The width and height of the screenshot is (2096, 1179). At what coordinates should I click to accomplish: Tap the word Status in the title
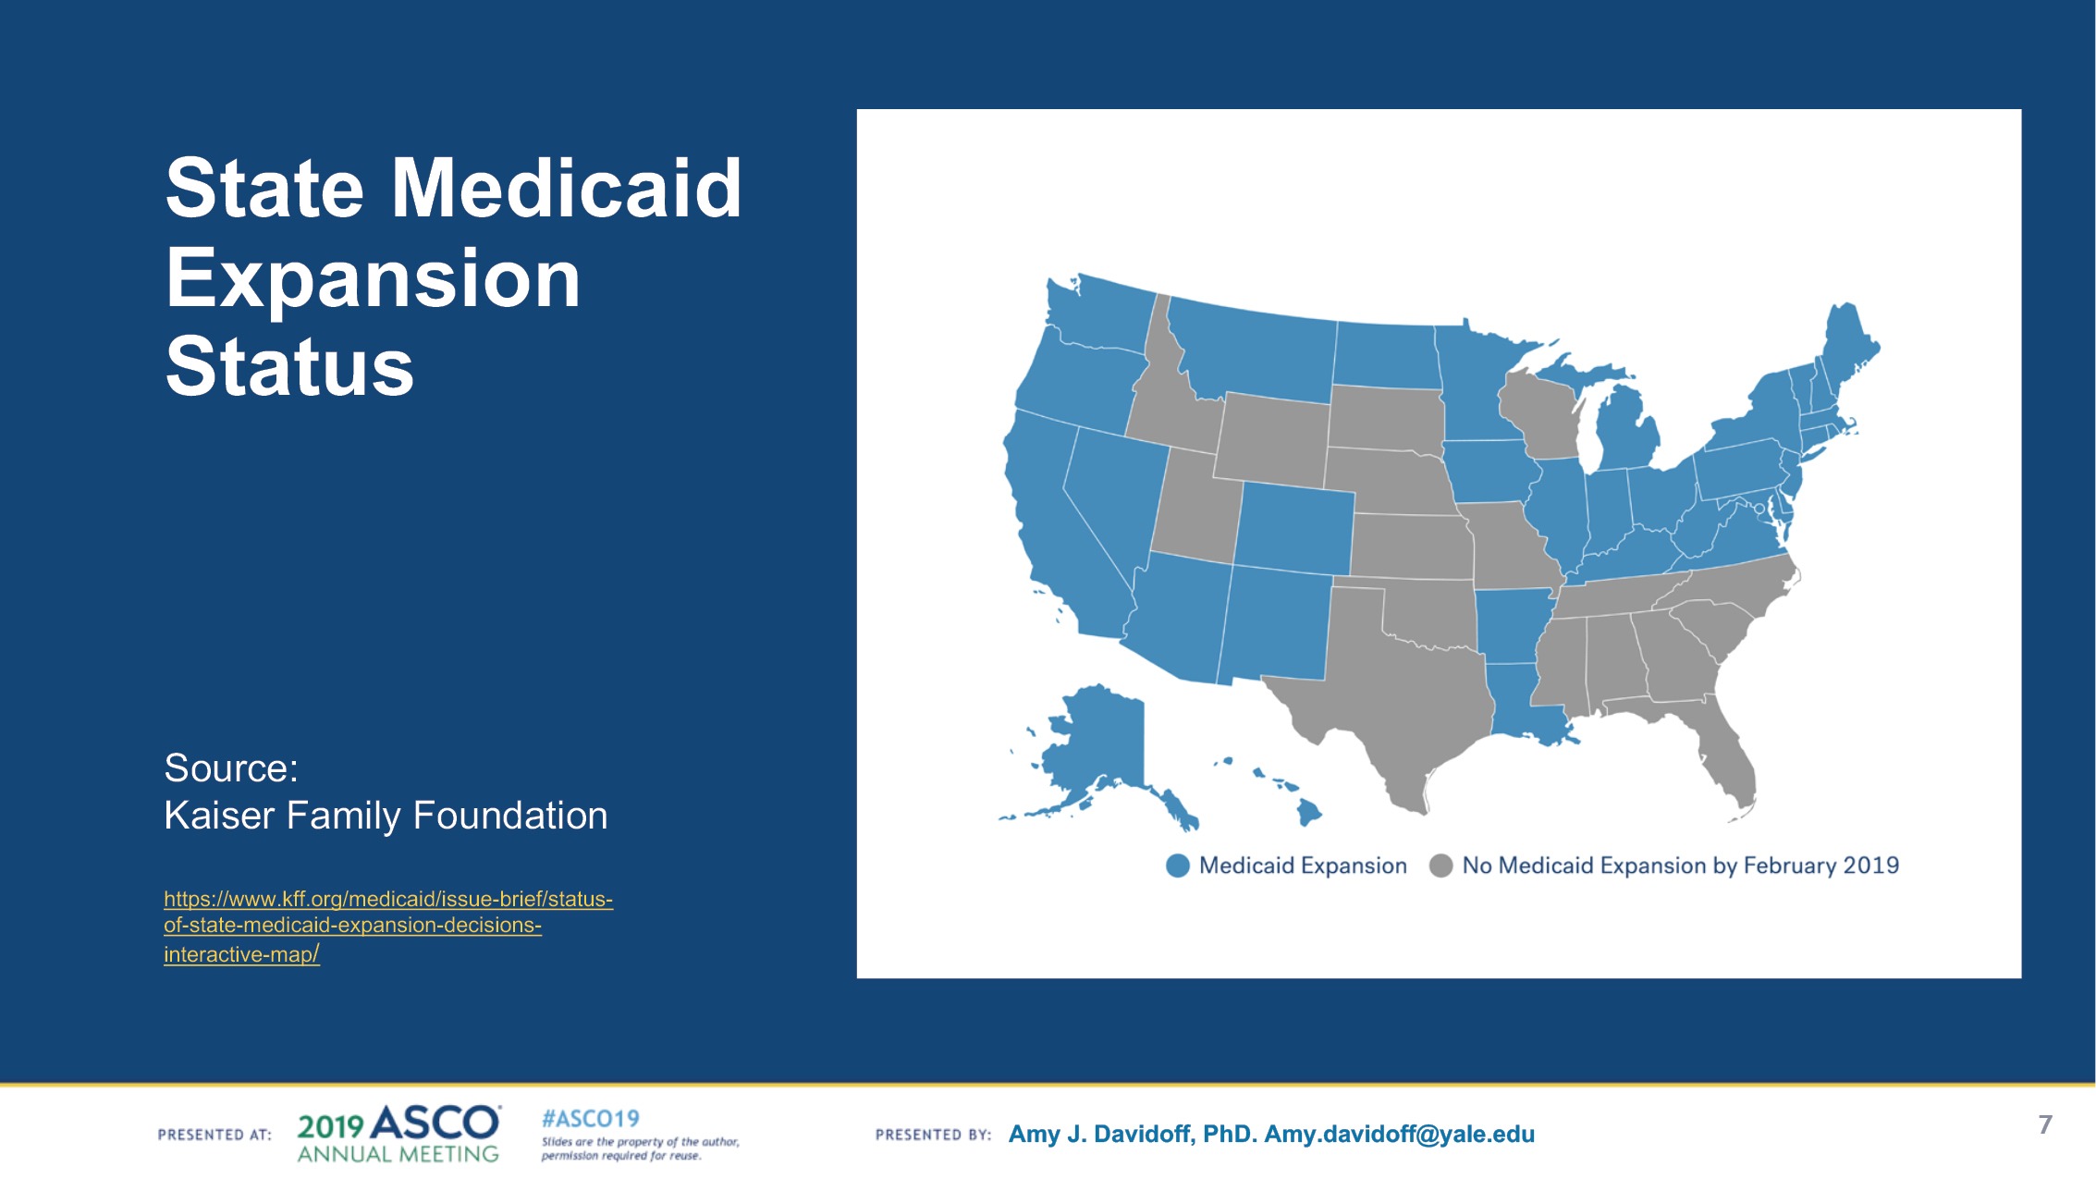click(289, 366)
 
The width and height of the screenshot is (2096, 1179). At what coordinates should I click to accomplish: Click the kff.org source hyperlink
click(388, 926)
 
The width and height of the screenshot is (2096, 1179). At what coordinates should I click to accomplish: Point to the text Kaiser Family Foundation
click(386, 816)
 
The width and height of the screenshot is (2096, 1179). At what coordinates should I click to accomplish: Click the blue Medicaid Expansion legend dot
click(1177, 866)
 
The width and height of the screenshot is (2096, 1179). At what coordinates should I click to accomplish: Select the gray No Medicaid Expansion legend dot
click(1440, 866)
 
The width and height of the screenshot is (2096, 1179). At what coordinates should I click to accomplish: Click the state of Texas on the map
click(1387, 694)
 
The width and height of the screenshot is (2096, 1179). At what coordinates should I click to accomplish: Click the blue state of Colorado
click(1294, 527)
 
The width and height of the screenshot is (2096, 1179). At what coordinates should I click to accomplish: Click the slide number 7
click(2045, 1124)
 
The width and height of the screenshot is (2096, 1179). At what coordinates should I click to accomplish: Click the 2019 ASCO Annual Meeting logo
click(398, 1134)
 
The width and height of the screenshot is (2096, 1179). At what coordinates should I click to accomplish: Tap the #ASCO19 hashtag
click(591, 1119)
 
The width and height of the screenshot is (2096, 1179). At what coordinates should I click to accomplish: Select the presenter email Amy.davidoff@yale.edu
click(1400, 1135)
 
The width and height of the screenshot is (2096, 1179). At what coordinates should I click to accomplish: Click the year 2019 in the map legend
click(1871, 866)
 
